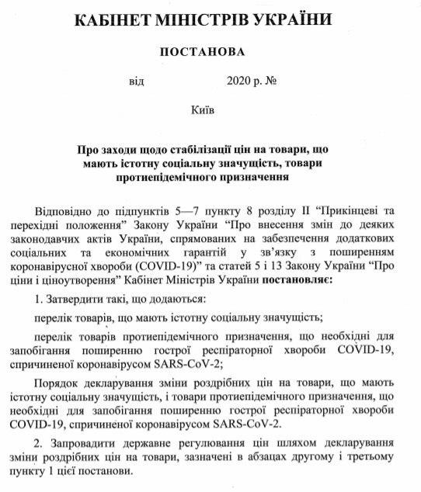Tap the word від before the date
pyautogui.click(x=137, y=81)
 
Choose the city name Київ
pyautogui.click(x=203, y=110)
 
